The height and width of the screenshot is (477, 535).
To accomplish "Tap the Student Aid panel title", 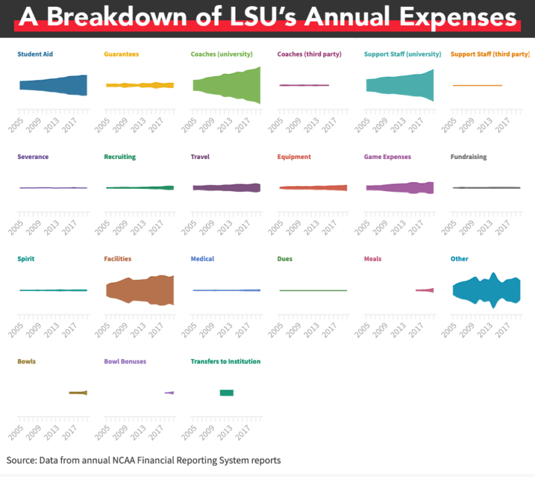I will point(35,54).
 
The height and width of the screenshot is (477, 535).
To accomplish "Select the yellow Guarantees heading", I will point(121,54).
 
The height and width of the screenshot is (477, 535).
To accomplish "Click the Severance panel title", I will point(33,157).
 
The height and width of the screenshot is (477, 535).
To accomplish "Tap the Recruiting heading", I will point(119,157).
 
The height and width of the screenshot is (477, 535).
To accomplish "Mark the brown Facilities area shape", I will point(139,290).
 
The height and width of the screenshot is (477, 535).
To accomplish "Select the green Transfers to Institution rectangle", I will point(226,393).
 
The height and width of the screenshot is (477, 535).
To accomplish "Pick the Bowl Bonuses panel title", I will point(125,361).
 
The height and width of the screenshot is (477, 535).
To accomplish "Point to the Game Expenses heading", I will point(387,157).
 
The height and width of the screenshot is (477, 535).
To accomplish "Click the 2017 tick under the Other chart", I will point(506,329).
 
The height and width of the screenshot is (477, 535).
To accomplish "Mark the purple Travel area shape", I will point(226,188).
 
